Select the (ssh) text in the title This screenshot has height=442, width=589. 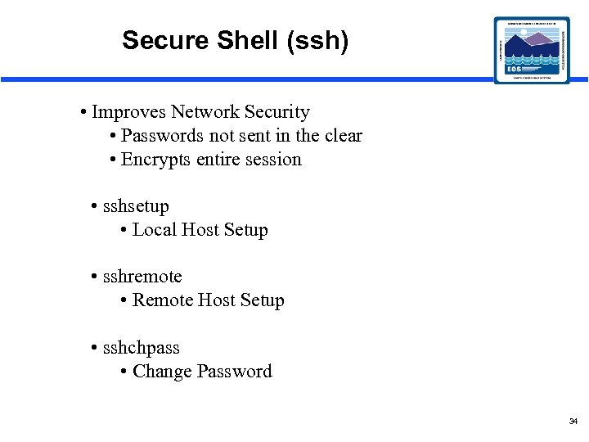(317, 40)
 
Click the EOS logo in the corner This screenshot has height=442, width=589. (533, 50)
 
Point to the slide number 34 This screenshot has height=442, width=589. (573, 421)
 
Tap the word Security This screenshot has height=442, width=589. (279, 112)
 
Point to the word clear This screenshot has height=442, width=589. (343, 136)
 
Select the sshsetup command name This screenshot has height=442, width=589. (136, 206)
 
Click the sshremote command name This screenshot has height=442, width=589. (142, 277)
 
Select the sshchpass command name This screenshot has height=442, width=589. (141, 348)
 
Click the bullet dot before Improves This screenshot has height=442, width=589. (85, 112)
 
